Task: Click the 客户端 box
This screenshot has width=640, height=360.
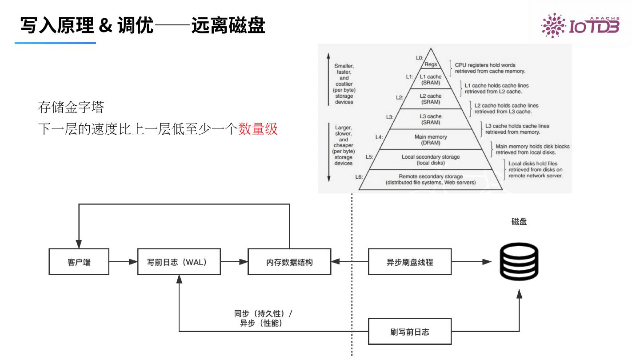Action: click(x=79, y=262)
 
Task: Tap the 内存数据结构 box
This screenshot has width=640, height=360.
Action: click(x=289, y=262)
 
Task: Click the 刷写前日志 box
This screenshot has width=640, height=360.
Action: click(x=409, y=332)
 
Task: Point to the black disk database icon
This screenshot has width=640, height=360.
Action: click(x=519, y=262)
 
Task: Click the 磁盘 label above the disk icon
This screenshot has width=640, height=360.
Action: click(x=519, y=222)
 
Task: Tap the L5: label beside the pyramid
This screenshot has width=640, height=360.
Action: click(x=369, y=156)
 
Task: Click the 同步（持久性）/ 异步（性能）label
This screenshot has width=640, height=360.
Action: click(x=263, y=319)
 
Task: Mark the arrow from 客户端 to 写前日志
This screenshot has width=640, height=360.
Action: click(x=123, y=262)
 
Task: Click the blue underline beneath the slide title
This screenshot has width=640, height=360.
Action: click(x=55, y=43)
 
